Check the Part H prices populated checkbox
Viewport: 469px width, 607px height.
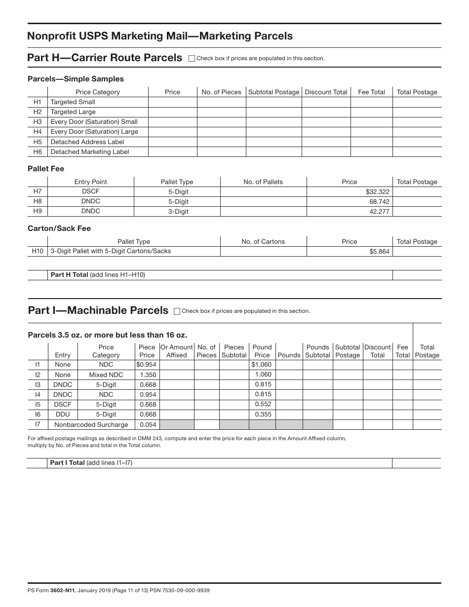[x=192, y=58]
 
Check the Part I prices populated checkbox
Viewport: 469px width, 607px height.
[x=177, y=311]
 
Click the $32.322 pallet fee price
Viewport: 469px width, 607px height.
[x=377, y=191]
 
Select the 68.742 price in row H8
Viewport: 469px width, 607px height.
[x=379, y=201]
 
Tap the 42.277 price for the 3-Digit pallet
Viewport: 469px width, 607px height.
[x=379, y=211]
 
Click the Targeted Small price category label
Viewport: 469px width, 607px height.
[x=73, y=102]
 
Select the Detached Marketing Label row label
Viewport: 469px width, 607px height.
[x=90, y=152]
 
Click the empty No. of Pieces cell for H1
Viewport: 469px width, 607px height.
[x=221, y=102]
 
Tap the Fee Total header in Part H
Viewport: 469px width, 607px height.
[x=371, y=92]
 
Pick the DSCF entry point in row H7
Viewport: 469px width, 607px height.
[x=90, y=191]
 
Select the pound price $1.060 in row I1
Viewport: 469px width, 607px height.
[x=262, y=365]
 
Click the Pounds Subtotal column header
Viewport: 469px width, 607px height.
[x=317, y=351]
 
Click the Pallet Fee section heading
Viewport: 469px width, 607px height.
[x=46, y=169]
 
